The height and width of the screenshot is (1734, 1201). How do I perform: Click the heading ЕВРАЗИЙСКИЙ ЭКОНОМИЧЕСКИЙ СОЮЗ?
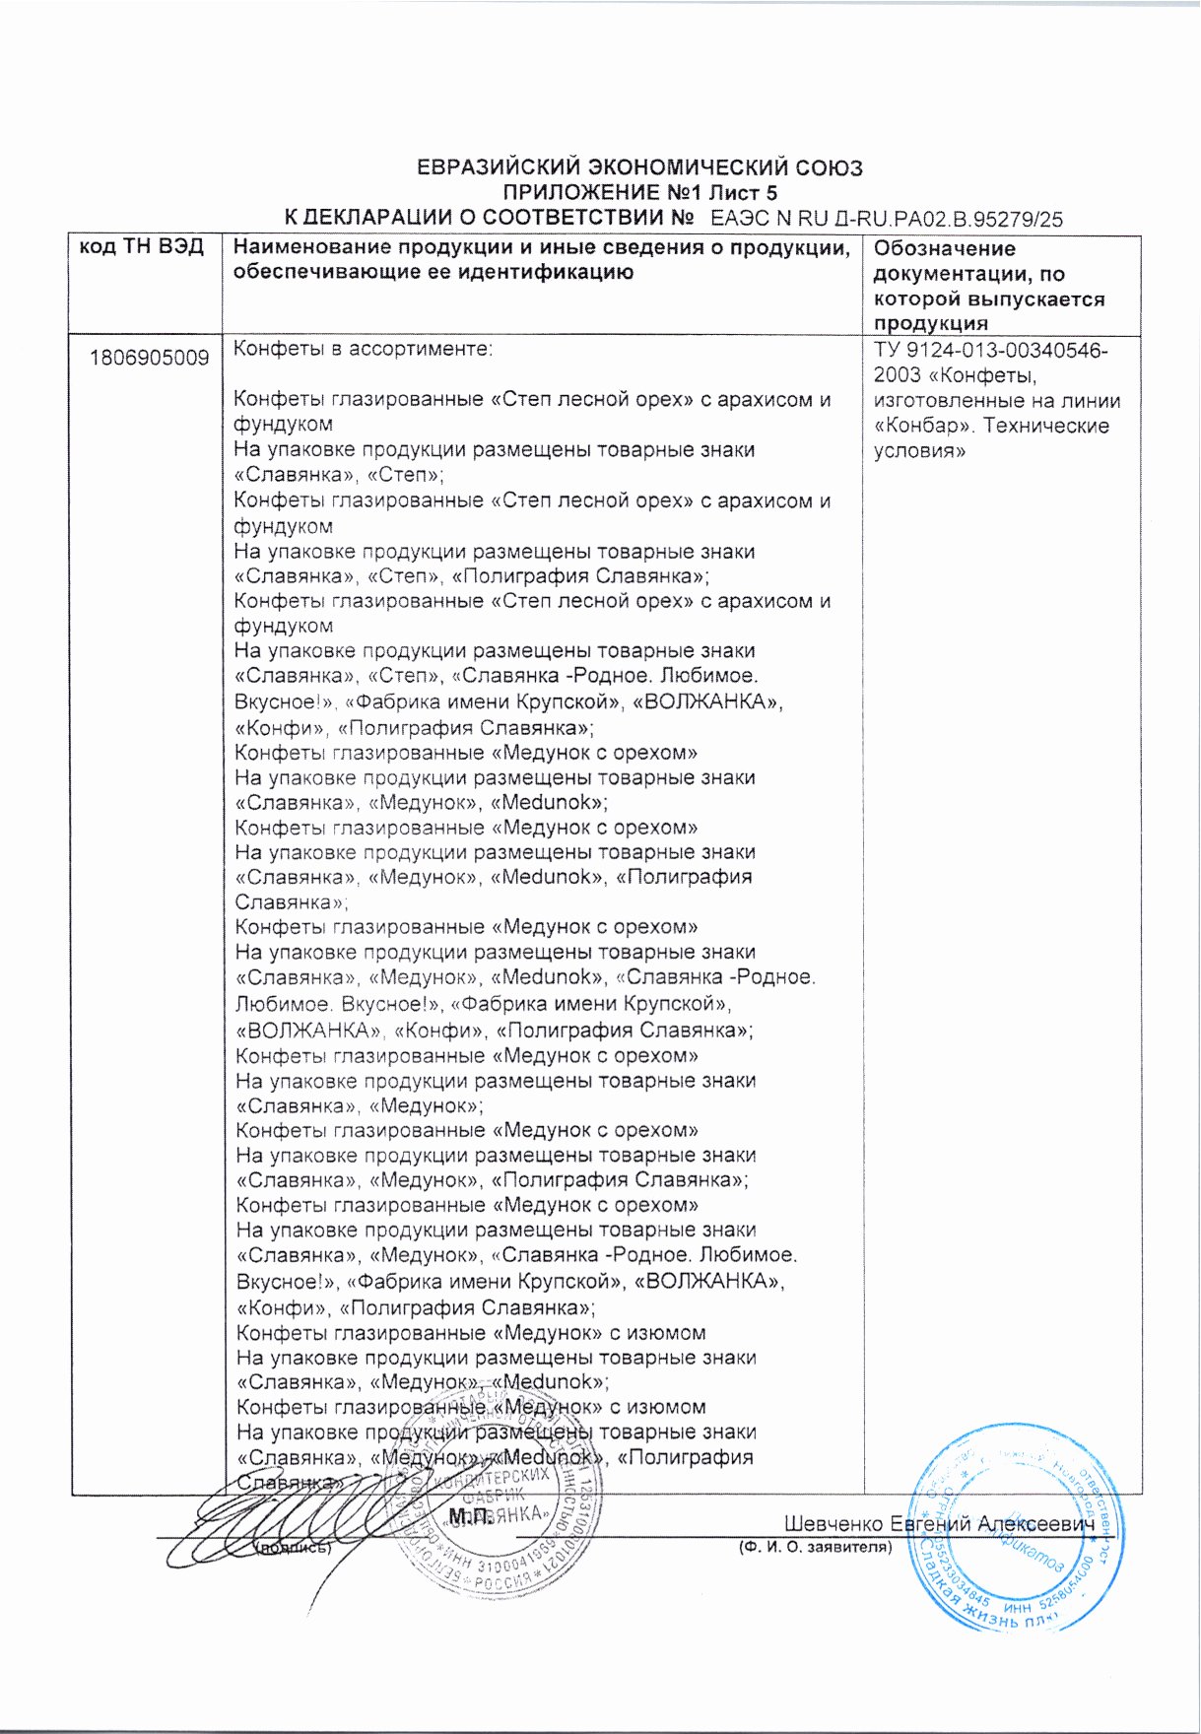pos(639,167)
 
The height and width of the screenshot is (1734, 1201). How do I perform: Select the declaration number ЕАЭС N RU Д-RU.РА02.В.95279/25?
pos(887,219)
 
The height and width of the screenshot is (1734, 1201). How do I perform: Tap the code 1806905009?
pos(149,357)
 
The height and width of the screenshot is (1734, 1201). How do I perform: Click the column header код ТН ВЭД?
pos(142,247)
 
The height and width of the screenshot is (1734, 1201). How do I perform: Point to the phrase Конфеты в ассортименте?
pos(363,349)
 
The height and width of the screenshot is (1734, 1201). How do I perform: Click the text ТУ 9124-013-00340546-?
pos(990,351)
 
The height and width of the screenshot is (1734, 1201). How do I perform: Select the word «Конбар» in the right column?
pos(921,426)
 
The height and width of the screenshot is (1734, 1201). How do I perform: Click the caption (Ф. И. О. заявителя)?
pos(815,1547)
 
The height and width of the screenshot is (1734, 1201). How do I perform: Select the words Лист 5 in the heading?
pos(741,193)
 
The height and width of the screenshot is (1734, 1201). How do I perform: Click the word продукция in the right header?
pos(930,323)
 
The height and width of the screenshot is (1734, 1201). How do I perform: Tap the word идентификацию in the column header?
pos(531,272)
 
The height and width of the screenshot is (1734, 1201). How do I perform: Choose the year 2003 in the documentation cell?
pos(898,375)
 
